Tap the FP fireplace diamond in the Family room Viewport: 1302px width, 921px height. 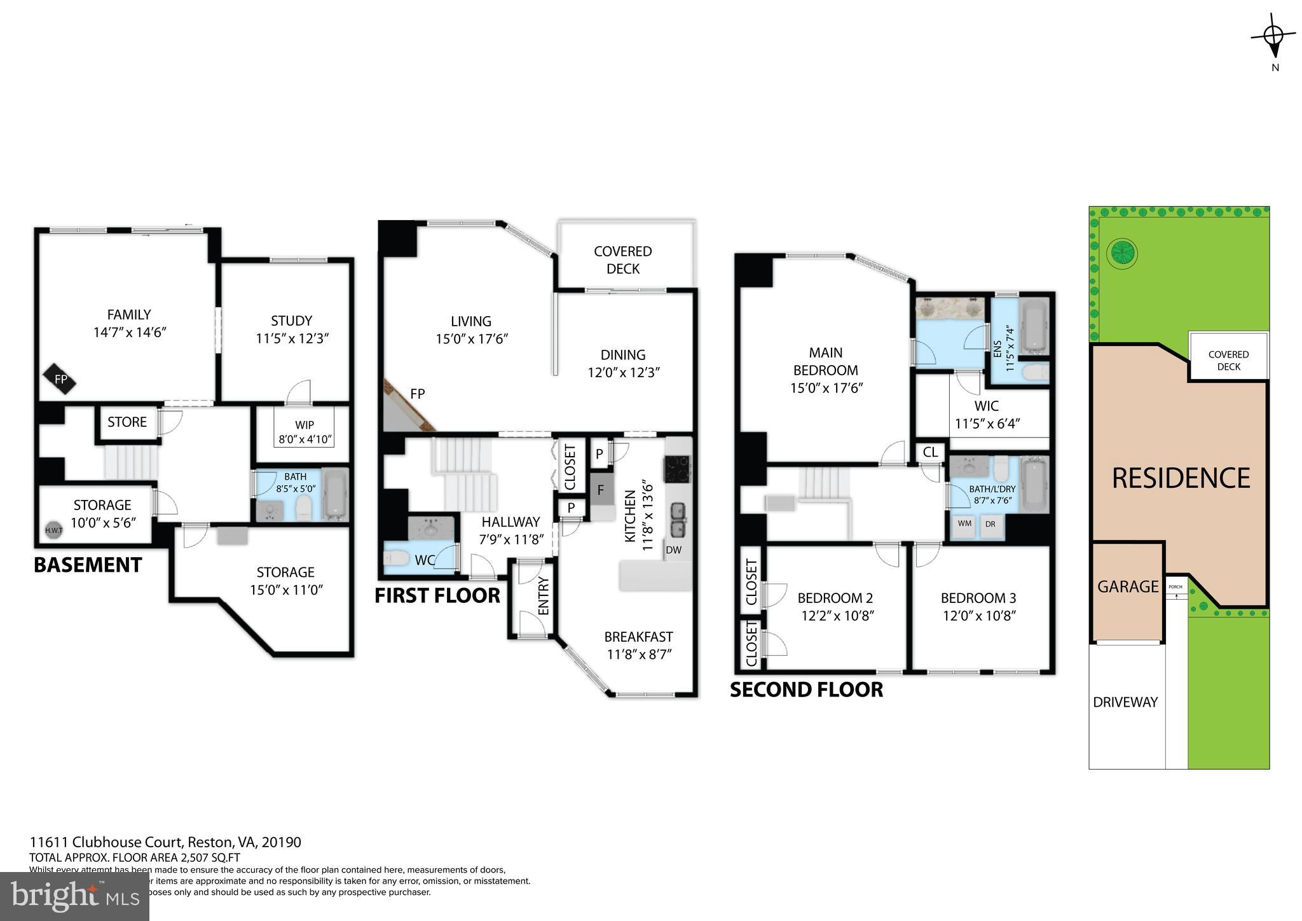(60, 380)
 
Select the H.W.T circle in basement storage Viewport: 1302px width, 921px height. (53, 530)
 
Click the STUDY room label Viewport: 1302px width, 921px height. (291, 321)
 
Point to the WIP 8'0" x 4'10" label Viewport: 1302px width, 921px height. (305, 432)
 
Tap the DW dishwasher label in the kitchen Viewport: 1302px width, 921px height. (673, 550)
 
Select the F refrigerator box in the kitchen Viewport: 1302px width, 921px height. (600, 490)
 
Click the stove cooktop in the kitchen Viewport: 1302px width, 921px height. (676, 469)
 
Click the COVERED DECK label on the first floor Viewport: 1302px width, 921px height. (622, 260)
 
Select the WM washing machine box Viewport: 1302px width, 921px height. (964, 524)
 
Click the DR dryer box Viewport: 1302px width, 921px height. (990, 524)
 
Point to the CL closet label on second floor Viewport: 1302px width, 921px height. (930, 452)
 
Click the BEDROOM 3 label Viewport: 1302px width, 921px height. (978, 598)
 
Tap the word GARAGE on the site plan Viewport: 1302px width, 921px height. (1127, 586)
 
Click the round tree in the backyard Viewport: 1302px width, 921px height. (1121, 254)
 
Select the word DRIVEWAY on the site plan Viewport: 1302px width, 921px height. (1125, 702)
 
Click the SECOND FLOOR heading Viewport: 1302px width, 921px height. (805, 689)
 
